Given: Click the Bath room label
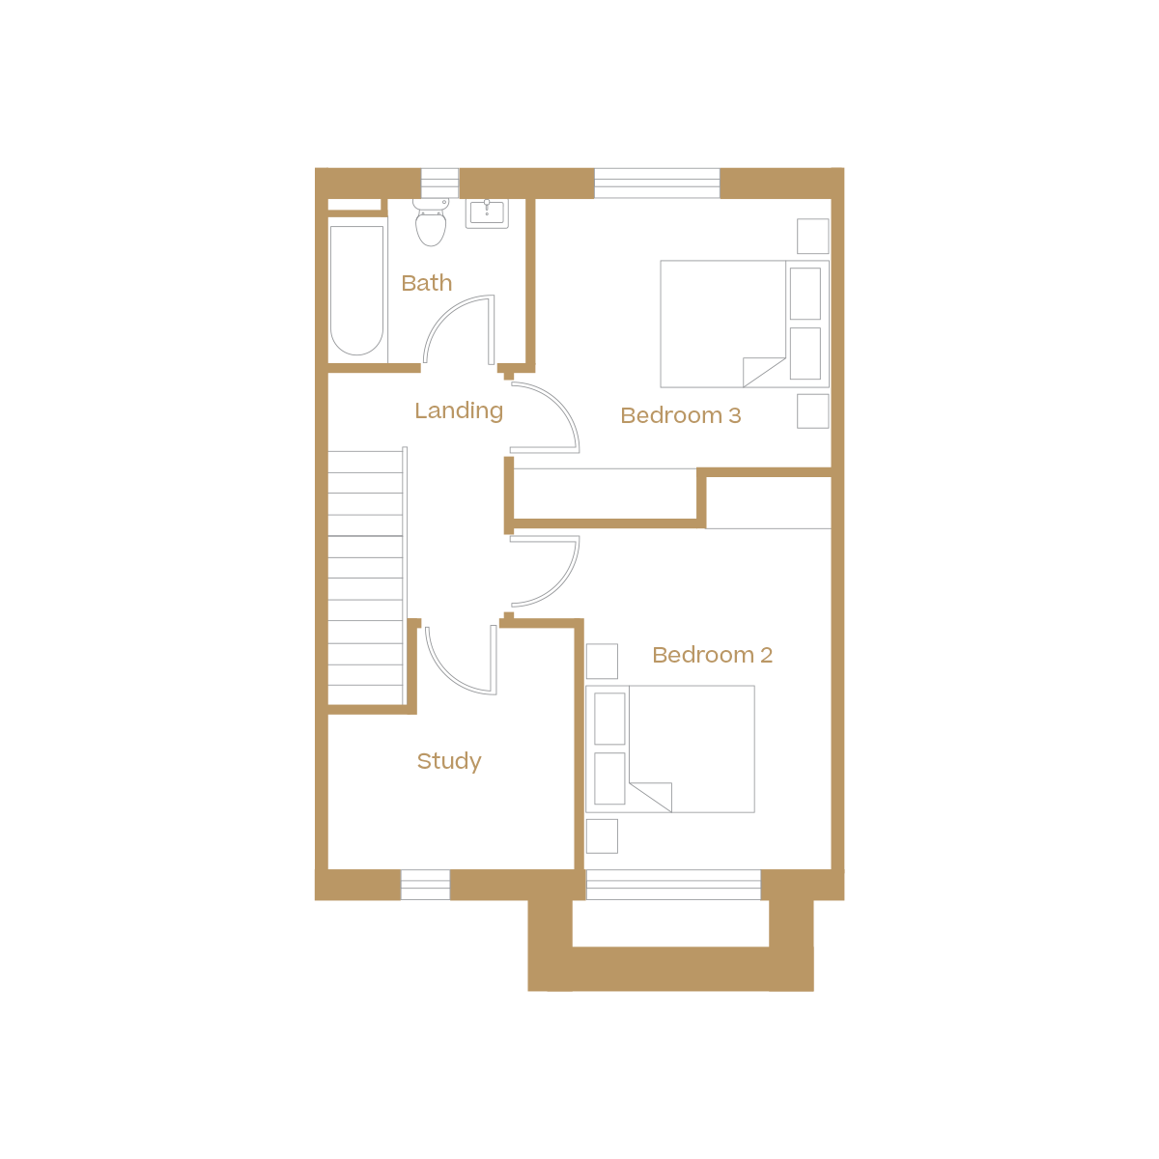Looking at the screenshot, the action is pyautogui.click(x=427, y=283).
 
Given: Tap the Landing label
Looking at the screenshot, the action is pyautogui.click(x=459, y=410).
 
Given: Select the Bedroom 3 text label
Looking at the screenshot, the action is pyautogui.click(x=681, y=415).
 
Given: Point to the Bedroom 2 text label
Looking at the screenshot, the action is pyautogui.click(x=713, y=655).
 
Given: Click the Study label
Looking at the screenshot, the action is pyautogui.click(x=449, y=761).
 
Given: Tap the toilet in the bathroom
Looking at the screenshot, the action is pyautogui.click(x=432, y=223).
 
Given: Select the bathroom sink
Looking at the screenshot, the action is pyautogui.click(x=487, y=213).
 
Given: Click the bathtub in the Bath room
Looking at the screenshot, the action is pyautogui.click(x=357, y=290).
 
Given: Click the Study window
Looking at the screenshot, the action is pyautogui.click(x=425, y=885).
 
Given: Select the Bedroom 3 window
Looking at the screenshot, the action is pyautogui.click(x=657, y=184).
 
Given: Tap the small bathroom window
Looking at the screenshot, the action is pyautogui.click(x=439, y=184).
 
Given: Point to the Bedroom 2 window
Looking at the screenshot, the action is pyautogui.click(x=673, y=885).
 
